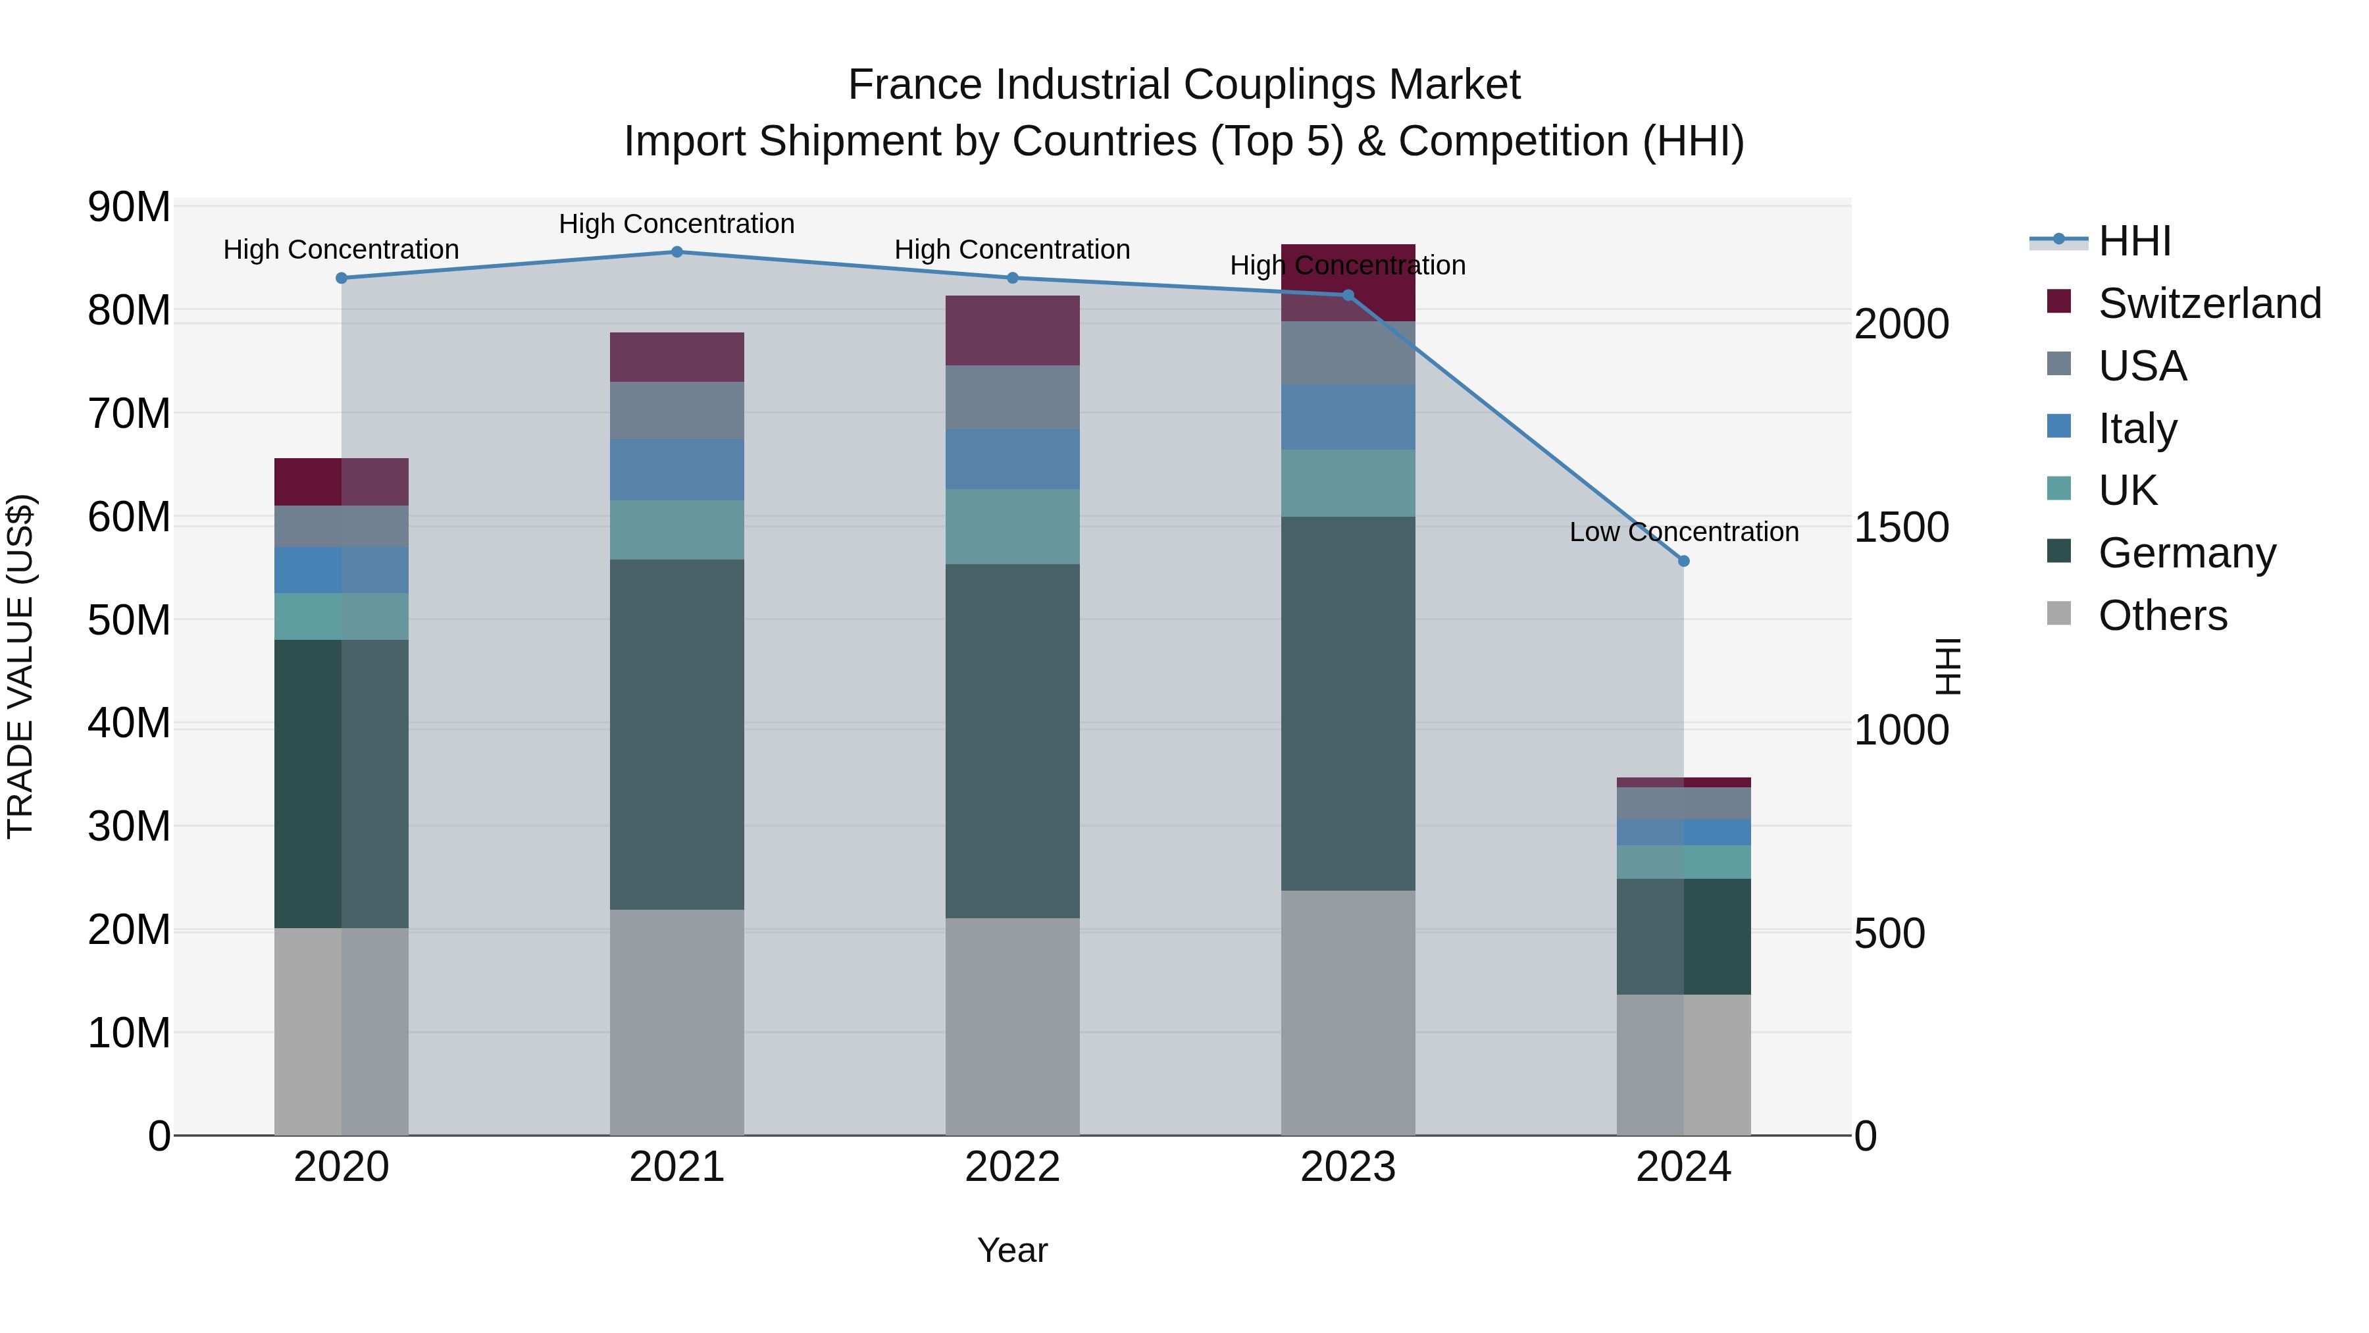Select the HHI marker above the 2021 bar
pos(677,252)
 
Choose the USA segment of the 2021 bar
pos(677,410)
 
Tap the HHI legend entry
pos(2133,241)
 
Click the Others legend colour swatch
pos(2059,614)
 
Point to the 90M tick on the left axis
pos(129,207)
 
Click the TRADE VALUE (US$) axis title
pos(20,666)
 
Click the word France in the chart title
pos(915,85)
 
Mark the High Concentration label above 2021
pos(677,224)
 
